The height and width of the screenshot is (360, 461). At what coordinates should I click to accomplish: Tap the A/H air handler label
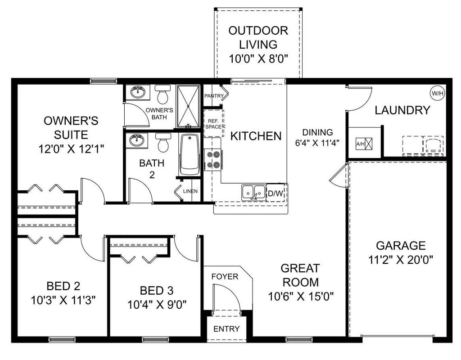pyautogui.click(x=361, y=144)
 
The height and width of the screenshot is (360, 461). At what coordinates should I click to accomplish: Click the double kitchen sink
pyautogui.click(x=253, y=192)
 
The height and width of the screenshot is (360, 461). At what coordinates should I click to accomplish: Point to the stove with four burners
pyautogui.click(x=213, y=160)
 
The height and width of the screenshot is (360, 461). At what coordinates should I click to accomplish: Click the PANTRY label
pyautogui.click(x=214, y=96)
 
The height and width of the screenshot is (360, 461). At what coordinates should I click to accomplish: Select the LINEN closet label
pyautogui.click(x=190, y=191)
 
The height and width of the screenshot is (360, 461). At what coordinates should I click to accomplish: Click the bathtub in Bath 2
pyautogui.click(x=189, y=155)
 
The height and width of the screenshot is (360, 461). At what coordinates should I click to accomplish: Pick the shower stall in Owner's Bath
pyautogui.click(x=188, y=106)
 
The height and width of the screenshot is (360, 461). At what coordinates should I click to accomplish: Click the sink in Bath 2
pyautogui.click(x=136, y=140)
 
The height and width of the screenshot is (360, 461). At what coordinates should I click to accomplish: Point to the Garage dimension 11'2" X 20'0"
pyautogui.click(x=401, y=260)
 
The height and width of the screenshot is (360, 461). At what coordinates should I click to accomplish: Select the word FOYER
pyautogui.click(x=225, y=276)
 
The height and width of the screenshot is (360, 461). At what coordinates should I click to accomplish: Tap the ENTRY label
pyautogui.click(x=226, y=329)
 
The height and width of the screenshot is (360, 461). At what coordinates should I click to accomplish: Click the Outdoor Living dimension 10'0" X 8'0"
pyautogui.click(x=258, y=58)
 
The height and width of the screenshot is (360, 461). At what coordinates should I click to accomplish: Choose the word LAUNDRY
pyautogui.click(x=402, y=110)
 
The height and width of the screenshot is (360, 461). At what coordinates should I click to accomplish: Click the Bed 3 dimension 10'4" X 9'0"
pyautogui.click(x=157, y=304)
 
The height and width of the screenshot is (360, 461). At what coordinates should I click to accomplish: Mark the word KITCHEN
pyautogui.click(x=256, y=136)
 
